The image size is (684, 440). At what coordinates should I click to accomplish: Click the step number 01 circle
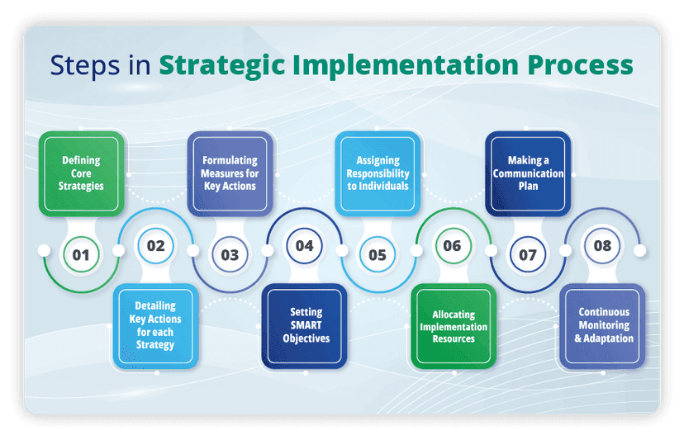tap(81, 254)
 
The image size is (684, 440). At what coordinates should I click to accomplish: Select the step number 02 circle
tap(155, 245)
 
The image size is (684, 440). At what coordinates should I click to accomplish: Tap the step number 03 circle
tap(230, 254)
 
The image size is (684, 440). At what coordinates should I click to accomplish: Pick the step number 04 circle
tap(304, 245)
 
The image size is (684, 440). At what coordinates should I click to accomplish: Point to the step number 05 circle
tap(378, 254)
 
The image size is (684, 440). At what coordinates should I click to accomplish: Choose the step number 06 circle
tap(452, 245)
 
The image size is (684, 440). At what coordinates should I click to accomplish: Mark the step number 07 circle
tap(527, 254)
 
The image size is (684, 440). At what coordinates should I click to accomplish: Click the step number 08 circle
tap(602, 245)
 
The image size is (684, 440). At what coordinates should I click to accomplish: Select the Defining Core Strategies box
tap(82, 173)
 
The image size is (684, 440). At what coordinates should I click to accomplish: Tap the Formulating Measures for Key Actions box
tap(230, 173)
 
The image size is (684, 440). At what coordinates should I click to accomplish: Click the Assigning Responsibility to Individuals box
tap(378, 173)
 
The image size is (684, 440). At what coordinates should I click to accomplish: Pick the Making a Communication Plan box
tap(528, 173)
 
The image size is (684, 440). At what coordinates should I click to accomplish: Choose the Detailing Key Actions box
tap(155, 326)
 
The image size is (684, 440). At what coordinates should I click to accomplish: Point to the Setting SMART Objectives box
tap(304, 326)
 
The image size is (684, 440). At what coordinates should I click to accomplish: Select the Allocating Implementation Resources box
tap(453, 326)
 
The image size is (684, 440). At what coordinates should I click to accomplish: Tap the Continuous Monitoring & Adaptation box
tap(602, 326)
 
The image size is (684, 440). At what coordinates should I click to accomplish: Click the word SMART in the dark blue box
tap(304, 325)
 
